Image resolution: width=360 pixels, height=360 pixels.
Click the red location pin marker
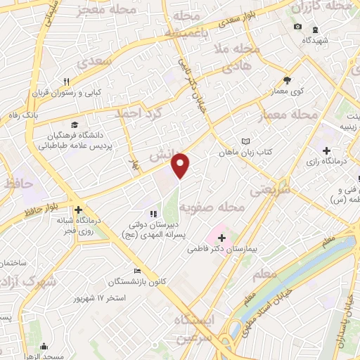[181, 165]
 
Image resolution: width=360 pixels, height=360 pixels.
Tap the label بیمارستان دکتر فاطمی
[224, 249]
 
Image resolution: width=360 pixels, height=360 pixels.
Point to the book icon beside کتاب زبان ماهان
[245, 141]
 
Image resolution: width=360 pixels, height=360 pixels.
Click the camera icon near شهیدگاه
[297, 27]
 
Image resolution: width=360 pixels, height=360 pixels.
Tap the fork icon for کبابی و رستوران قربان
[66, 82]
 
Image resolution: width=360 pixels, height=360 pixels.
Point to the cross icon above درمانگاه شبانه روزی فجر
[79, 209]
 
